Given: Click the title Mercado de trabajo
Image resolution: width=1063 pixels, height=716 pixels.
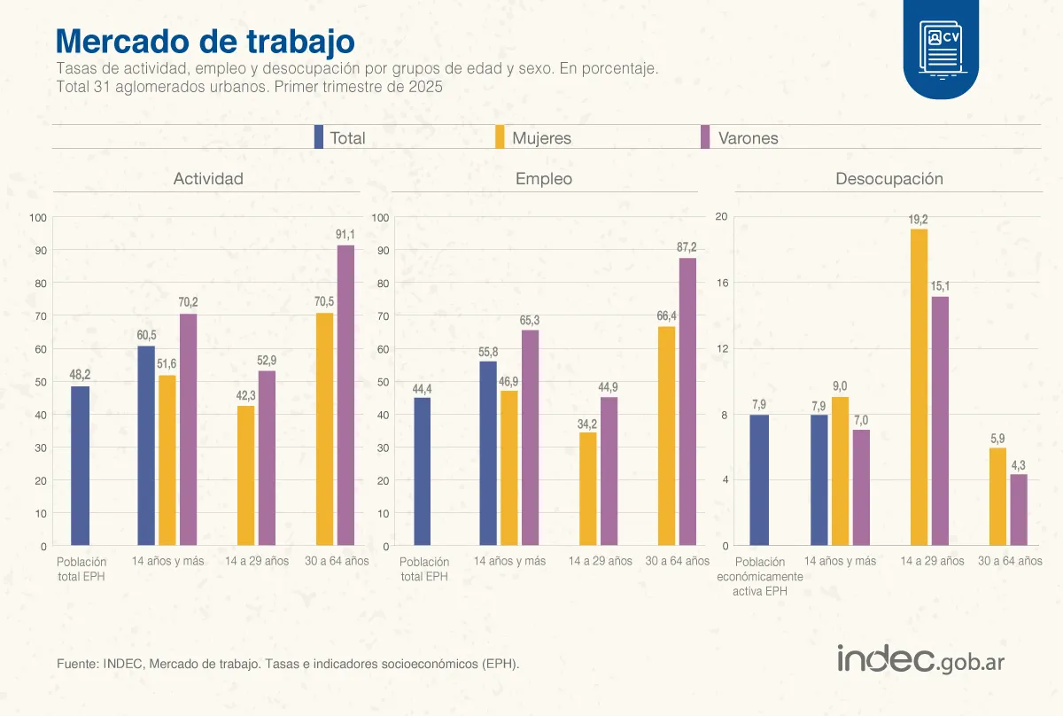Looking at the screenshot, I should point(205,42).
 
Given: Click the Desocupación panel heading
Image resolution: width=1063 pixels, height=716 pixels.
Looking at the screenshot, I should point(889,179).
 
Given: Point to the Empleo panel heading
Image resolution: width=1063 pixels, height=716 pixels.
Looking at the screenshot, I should point(544,179).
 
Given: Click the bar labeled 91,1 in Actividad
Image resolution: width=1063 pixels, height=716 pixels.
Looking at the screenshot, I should point(345,395).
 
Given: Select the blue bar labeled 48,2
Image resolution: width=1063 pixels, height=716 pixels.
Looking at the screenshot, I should point(80,465).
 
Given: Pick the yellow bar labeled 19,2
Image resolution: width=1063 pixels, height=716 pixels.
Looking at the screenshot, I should point(919,387).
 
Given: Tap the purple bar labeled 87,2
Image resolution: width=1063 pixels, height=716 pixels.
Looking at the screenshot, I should point(687,401).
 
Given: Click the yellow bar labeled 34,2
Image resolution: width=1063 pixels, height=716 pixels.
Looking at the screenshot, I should point(587,488).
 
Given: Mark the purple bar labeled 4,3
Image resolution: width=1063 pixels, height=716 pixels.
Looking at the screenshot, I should point(1019,510).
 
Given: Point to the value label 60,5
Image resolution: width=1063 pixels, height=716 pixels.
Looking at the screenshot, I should point(146,335).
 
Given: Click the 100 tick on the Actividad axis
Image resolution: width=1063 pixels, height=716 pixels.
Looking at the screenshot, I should point(37,218).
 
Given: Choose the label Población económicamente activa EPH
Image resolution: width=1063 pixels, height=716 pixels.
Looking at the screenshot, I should point(759,577).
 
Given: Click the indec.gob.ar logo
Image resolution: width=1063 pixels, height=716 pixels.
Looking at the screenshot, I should point(920,659).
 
